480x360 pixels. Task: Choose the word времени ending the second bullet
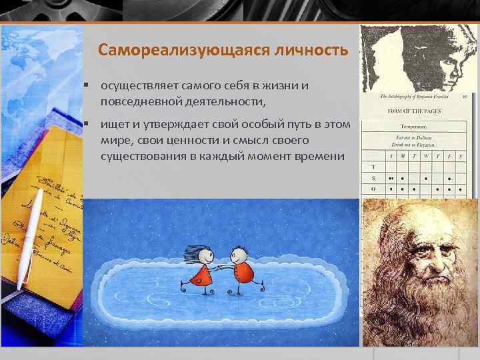321,156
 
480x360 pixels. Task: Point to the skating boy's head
238,255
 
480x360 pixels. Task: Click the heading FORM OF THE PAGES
413,111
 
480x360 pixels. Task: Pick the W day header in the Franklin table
423,154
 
